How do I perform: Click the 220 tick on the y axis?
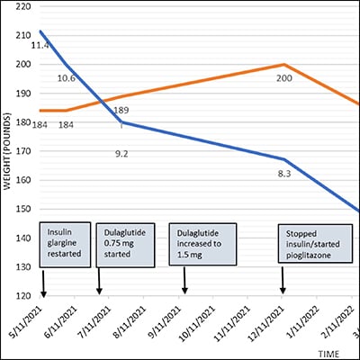[x=17, y=7]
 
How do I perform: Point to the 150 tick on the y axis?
[x=17, y=209]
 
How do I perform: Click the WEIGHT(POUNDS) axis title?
[x=6, y=151]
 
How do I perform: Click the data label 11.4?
[x=40, y=45]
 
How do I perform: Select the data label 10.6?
[x=67, y=78]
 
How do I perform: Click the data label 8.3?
[x=284, y=173]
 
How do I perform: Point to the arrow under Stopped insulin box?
[x=283, y=281]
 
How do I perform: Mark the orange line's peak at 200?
[x=284, y=65]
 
